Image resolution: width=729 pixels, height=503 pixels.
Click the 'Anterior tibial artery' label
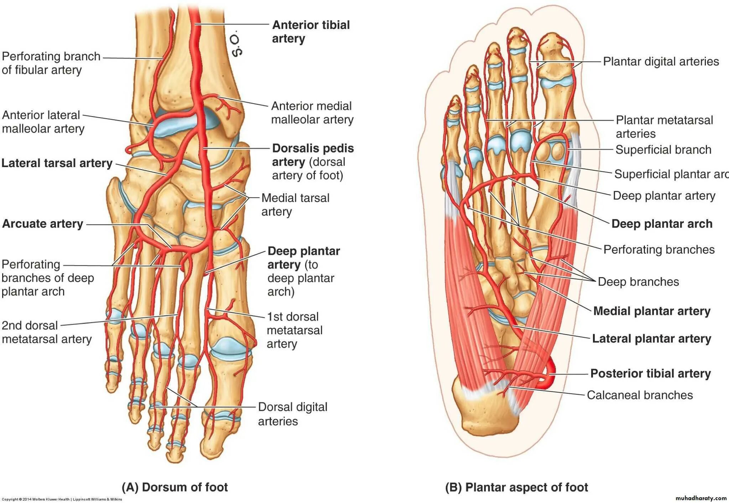click(x=311, y=32)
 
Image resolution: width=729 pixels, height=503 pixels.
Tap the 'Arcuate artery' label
click(x=43, y=224)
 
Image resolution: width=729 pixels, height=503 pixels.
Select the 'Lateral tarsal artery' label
click(x=57, y=163)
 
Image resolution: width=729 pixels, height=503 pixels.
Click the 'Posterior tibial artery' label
click(x=650, y=373)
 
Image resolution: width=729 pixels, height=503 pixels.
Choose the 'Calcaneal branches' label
click(x=640, y=395)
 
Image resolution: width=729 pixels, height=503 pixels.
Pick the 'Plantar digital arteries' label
click(x=661, y=61)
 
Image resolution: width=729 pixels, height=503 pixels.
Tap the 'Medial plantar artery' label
click(x=652, y=311)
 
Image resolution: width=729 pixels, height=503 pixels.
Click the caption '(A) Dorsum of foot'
click(x=175, y=487)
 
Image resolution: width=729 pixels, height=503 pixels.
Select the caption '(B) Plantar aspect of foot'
click(x=516, y=487)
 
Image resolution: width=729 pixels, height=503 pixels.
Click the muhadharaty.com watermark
click(x=701, y=498)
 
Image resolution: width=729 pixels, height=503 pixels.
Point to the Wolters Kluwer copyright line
click(x=62, y=499)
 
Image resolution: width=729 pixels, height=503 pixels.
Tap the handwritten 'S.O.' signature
click(x=237, y=45)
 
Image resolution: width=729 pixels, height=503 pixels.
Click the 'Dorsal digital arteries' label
click(x=292, y=414)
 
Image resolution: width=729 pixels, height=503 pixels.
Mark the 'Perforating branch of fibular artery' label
click(x=51, y=63)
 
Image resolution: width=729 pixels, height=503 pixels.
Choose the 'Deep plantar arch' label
click(x=662, y=224)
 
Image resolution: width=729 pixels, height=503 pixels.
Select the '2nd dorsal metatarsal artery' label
click(x=46, y=332)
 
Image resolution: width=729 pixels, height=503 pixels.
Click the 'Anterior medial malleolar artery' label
click(x=312, y=113)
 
